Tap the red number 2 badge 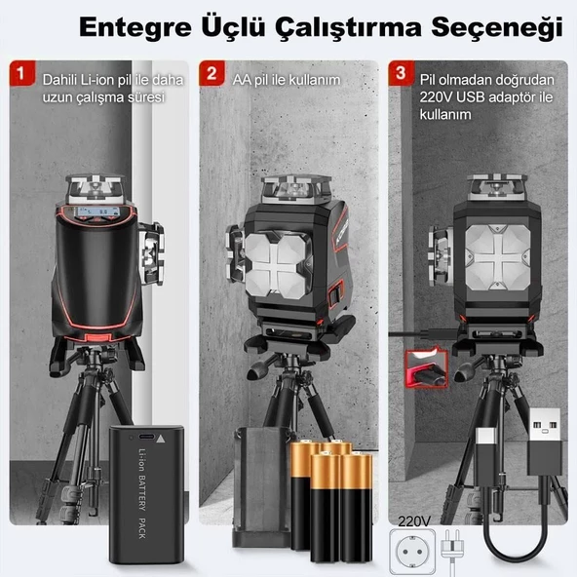pyautogui.click(x=211, y=73)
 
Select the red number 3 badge pyautogui.click(x=399, y=73)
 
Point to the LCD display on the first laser pyautogui.click(x=96, y=216)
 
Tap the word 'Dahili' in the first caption pyautogui.click(x=60, y=78)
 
